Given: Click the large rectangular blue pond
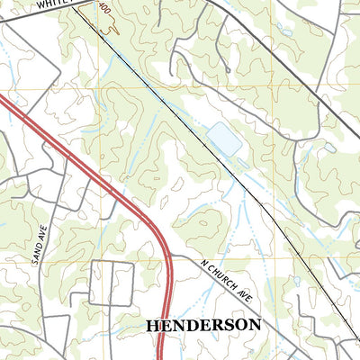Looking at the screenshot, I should click(x=224, y=139).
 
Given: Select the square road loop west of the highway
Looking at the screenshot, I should click(x=112, y=283).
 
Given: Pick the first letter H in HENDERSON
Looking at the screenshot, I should click(x=150, y=324).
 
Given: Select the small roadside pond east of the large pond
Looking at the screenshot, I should click(x=331, y=147).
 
